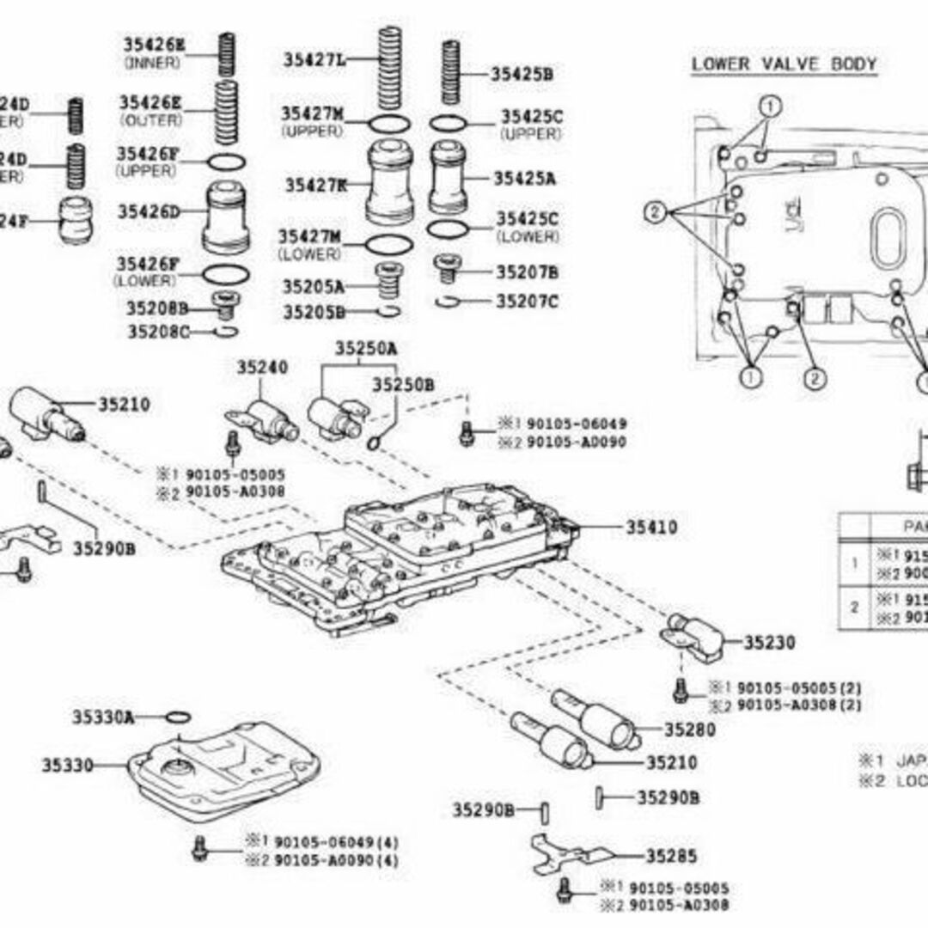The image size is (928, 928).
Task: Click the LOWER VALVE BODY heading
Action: (784, 64)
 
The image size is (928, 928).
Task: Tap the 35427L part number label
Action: (315, 59)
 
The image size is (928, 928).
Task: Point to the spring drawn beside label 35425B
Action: (452, 73)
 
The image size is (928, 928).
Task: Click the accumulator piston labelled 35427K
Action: (391, 182)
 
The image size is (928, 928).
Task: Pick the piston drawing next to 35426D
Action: (227, 218)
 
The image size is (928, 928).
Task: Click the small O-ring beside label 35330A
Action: (176, 717)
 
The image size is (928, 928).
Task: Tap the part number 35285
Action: (671, 856)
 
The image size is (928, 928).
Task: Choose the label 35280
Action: (689, 730)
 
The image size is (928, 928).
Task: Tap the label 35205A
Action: (314, 286)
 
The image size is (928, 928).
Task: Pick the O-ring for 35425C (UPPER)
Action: (449, 123)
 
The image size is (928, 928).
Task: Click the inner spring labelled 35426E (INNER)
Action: (226, 53)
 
